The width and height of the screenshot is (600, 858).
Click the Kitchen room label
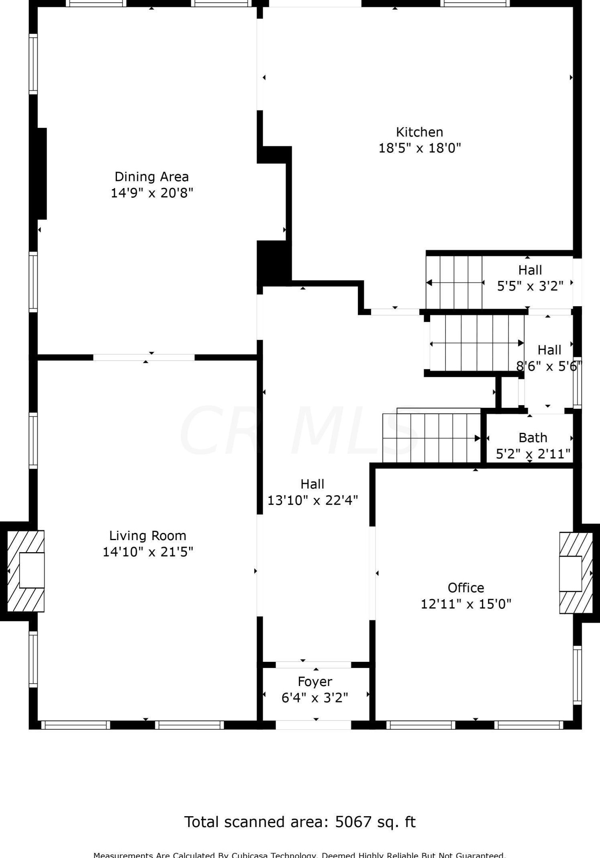click(x=419, y=132)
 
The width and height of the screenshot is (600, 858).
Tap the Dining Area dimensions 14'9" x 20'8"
click(x=152, y=193)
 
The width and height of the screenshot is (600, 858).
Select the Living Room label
click(x=147, y=536)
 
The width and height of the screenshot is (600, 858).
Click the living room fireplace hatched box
click(x=26, y=571)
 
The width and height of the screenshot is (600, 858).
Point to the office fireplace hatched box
click(x=576, y=573)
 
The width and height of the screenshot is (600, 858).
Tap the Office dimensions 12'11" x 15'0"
click(x=465, y=604)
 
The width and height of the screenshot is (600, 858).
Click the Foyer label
click(x=315, y=682)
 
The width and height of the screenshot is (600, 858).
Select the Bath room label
click(x=533, y=438)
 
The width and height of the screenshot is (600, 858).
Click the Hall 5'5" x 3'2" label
click(x=530, y=270)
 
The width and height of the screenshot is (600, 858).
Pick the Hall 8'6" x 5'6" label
click(x=549, y=350)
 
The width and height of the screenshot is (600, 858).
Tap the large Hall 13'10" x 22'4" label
click(x=312, y=484)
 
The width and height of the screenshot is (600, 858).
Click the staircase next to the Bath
click(x=432, y=438)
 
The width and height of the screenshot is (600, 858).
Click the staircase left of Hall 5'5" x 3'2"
click(x=455, y=283)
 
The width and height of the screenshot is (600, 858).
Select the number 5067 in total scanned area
click(x=353, y=822)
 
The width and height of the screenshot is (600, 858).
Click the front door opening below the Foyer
click(x=313, y=725)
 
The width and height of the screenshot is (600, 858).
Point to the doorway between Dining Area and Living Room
click(x=144, y=357)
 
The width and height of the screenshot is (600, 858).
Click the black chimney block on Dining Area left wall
click(x=41, y=174)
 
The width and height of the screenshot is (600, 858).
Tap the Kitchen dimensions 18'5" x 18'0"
click(x=419, y=148)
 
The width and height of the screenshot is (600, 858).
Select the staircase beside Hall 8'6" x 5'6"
click(x=476, y=343)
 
